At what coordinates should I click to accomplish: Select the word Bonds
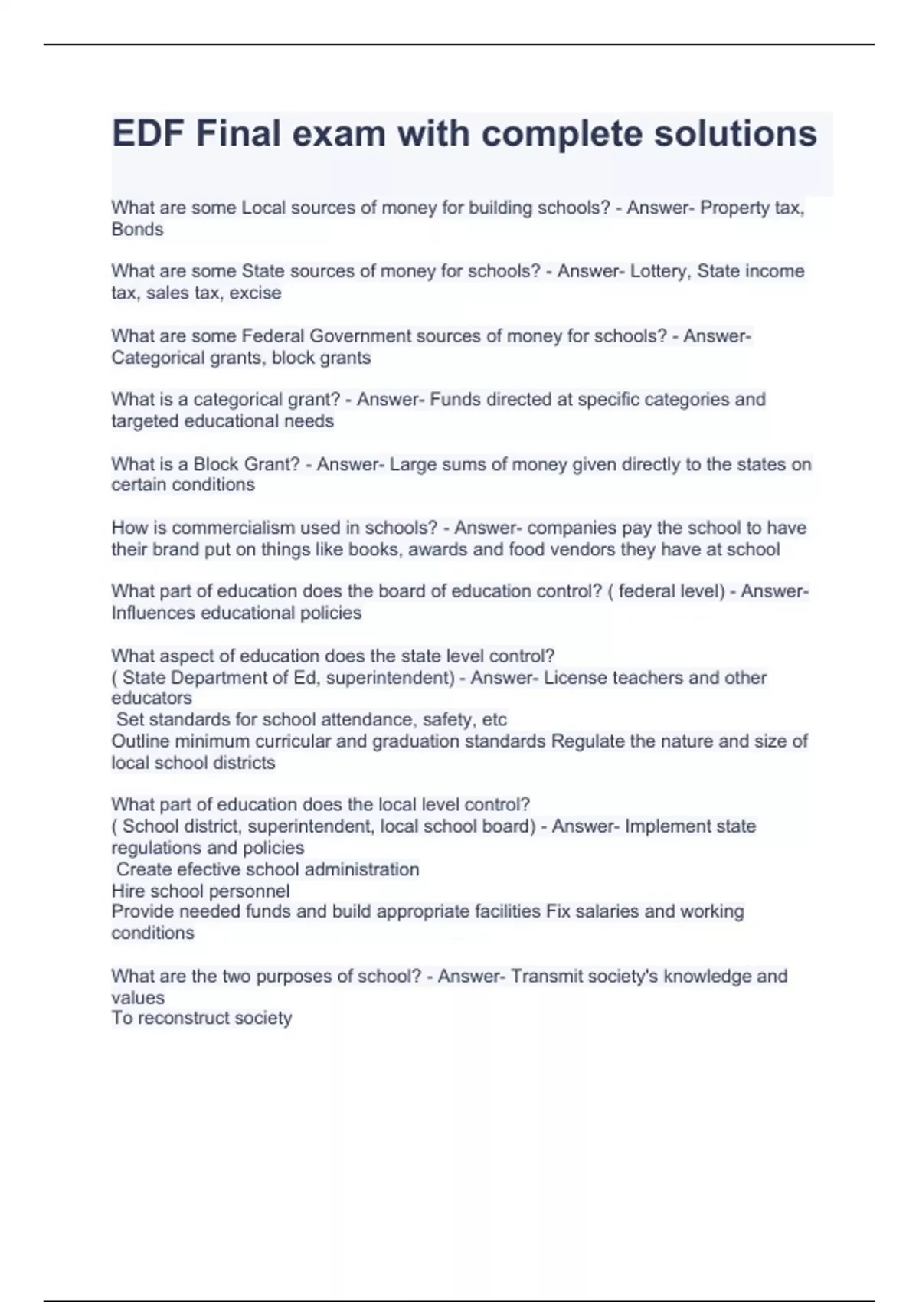(137, 229)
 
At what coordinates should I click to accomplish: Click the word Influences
(153, 613)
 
